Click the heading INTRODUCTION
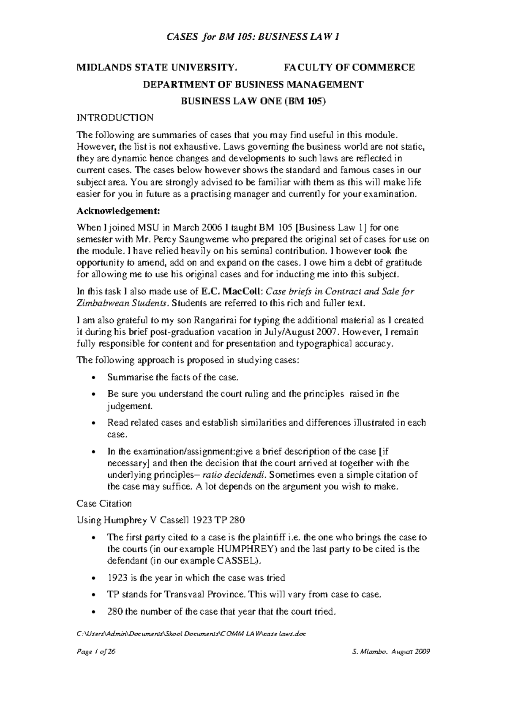click(114, 117)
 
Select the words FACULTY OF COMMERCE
click(349, 67)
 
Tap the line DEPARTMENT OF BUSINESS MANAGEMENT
click(253, 84)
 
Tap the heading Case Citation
click(104, 504)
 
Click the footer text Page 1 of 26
click(96, 664)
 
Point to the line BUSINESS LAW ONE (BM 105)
click(253, 101)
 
